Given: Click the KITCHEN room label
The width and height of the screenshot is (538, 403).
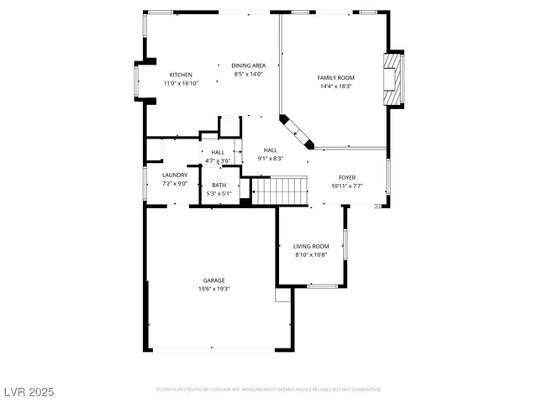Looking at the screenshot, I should point(181,75).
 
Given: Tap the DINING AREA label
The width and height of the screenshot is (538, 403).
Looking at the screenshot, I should point(249,65).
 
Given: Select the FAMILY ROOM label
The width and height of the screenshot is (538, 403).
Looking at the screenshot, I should point(335,78).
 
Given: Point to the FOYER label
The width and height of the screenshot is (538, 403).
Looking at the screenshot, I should point(346,177).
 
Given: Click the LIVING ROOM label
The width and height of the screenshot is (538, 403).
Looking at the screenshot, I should point(311,246).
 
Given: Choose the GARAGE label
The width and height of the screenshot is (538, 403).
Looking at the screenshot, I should point(214,280).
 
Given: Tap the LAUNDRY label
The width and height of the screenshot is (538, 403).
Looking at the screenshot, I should point(175,175).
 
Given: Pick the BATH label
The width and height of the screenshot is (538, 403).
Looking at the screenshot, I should point(219,185).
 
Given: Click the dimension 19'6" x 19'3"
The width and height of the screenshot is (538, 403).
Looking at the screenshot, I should point(214,289).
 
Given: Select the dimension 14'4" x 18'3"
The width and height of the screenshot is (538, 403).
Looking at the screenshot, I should point(335,86).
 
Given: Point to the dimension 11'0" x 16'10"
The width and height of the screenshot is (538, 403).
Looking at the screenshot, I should point(181,83).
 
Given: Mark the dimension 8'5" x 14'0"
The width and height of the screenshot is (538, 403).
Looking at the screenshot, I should point(249,74).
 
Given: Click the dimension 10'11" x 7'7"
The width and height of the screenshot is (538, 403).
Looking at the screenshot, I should point(346,186).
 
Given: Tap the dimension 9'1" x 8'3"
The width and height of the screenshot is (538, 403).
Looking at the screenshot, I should point(271,158).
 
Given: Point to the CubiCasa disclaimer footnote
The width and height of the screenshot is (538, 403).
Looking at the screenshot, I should point(269,390).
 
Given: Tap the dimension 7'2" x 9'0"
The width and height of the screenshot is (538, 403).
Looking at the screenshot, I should point(175,183).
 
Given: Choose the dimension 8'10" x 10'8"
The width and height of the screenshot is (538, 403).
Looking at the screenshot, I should point(311,254).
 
